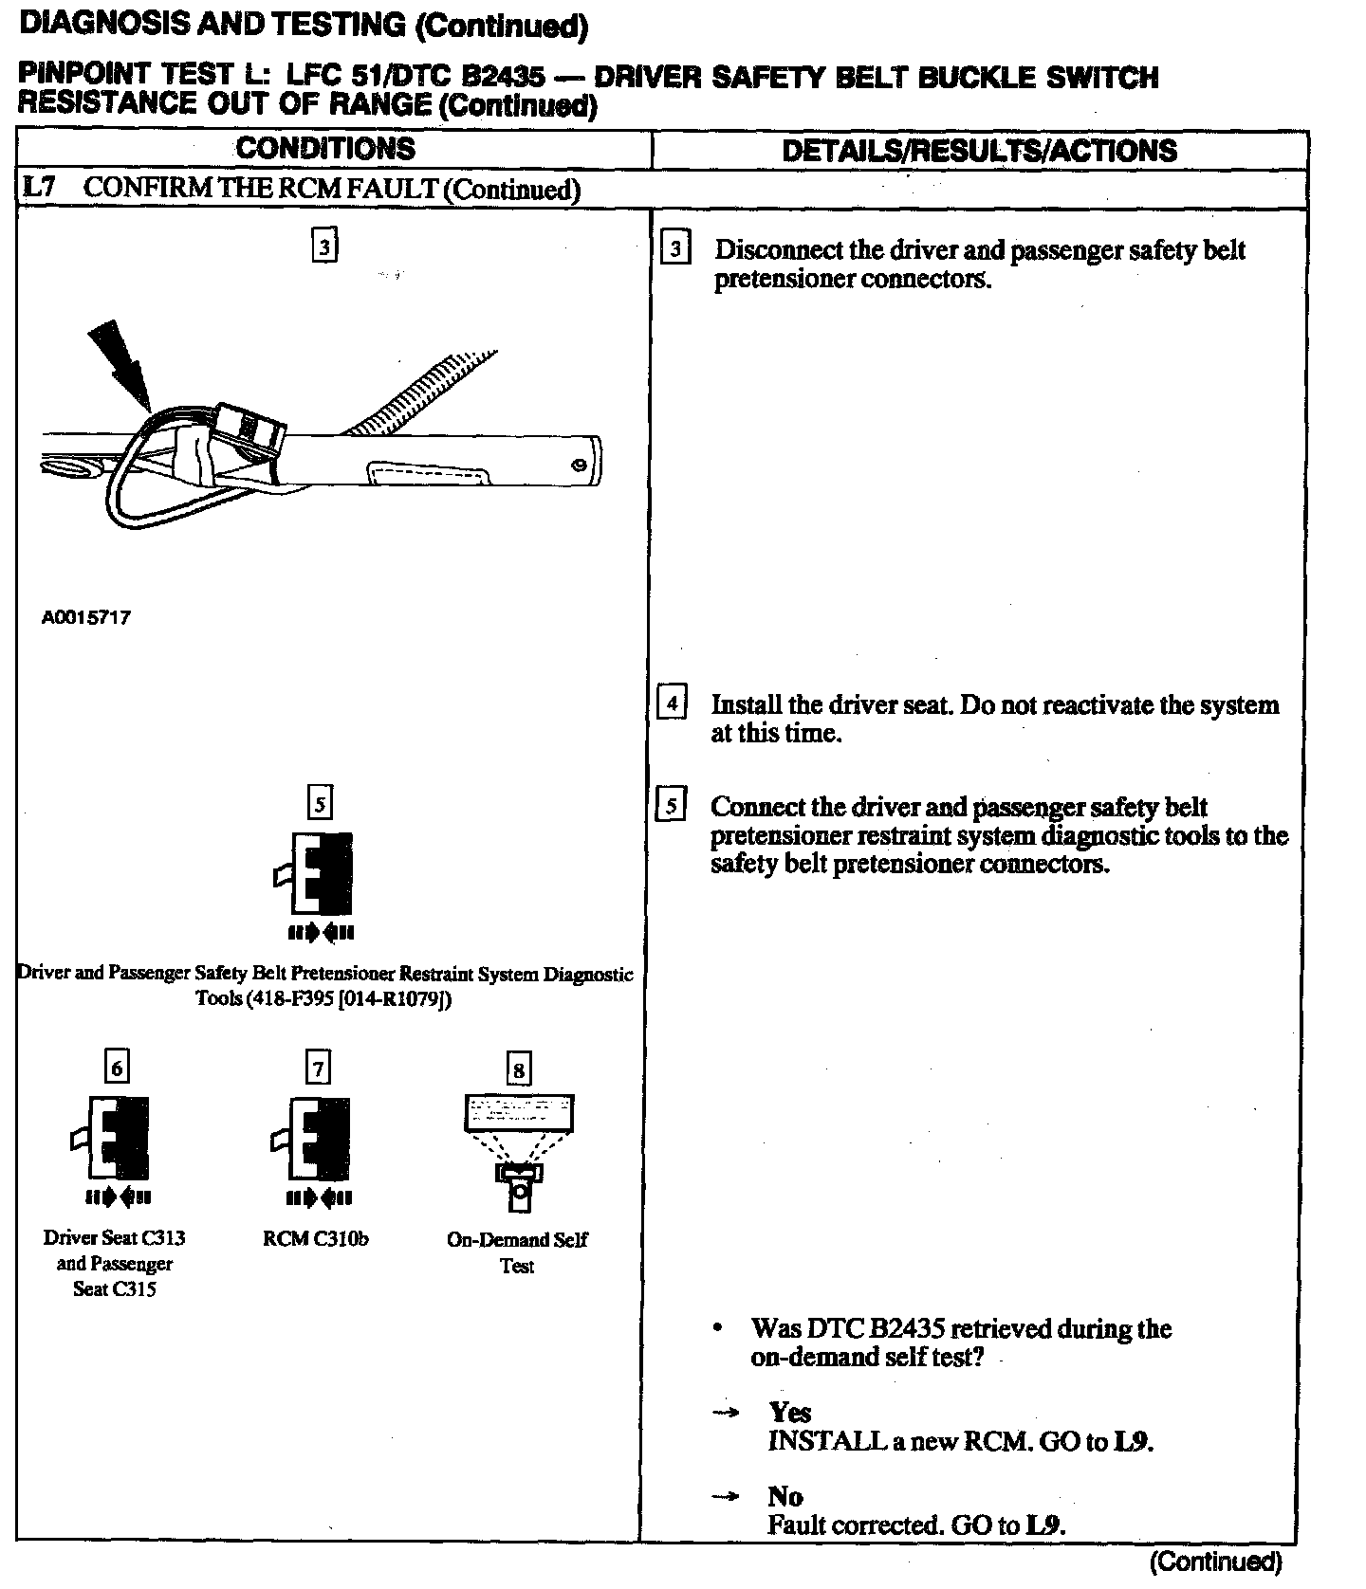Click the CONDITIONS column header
click(x=324, y=149)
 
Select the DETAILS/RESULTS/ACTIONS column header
click(x=979, y=151)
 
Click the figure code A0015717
click(x=86, y=617)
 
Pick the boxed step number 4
click(x=672, y=703)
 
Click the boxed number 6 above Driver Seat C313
click(x=117, y=1068)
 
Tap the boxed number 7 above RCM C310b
click(x=318, y=1068)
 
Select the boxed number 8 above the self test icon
click(x=518, y=1070)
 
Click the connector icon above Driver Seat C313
click(x=115, y=1137)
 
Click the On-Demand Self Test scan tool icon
click(x=518, y=1151)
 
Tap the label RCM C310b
click(x=316, y=1238)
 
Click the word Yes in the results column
click(x=789, y=1413)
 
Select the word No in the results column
click(x=785, y=1496)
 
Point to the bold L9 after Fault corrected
click(x=1045, y=1525)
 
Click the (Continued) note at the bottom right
click(x=1215, y=1561)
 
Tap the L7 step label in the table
click(x=39, y=188)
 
